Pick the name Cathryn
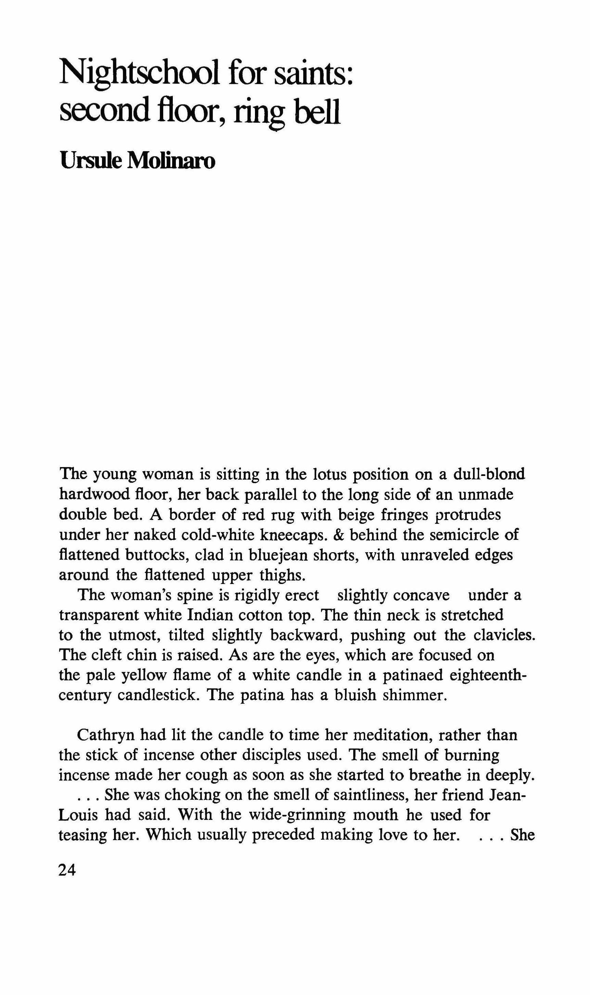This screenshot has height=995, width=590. (106, 735)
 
